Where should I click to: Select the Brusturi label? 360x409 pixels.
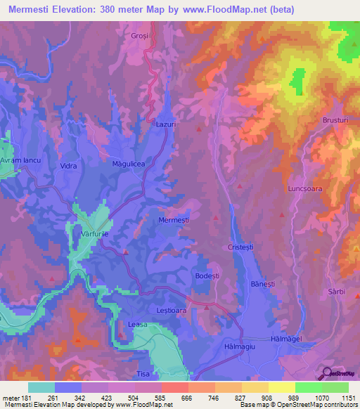[x=335, y=120]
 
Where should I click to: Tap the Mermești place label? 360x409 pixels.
[x=174, y=219]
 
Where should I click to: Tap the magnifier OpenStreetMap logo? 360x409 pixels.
[x=326, y=373]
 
